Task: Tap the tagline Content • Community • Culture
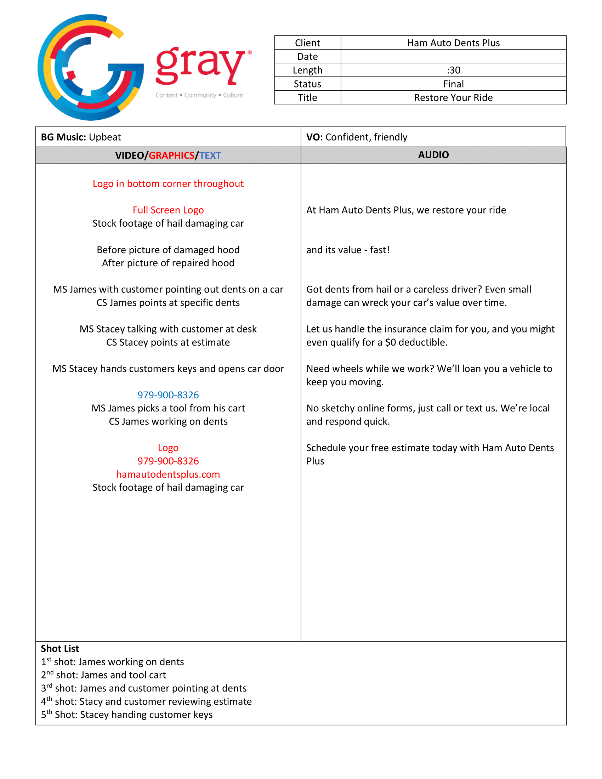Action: (199, 95)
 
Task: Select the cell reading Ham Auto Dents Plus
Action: (453, 43)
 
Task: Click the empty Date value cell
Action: (453, 56)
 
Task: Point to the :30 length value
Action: (453, 70)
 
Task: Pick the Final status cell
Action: (453, 84)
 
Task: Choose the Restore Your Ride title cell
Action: (453, 97)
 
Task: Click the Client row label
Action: (307, 43)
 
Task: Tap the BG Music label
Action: (63, 137)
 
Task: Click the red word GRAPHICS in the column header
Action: (171, 155)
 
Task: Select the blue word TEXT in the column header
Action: (210, 155)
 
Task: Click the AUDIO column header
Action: (433, 155)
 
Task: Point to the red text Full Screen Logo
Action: (168, 210)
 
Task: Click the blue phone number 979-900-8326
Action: (168, 395)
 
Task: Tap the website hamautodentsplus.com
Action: (168, 474)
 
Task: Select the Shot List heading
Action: (60, 648)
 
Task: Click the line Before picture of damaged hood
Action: (168, 250)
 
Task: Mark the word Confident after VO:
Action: (348, 137)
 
